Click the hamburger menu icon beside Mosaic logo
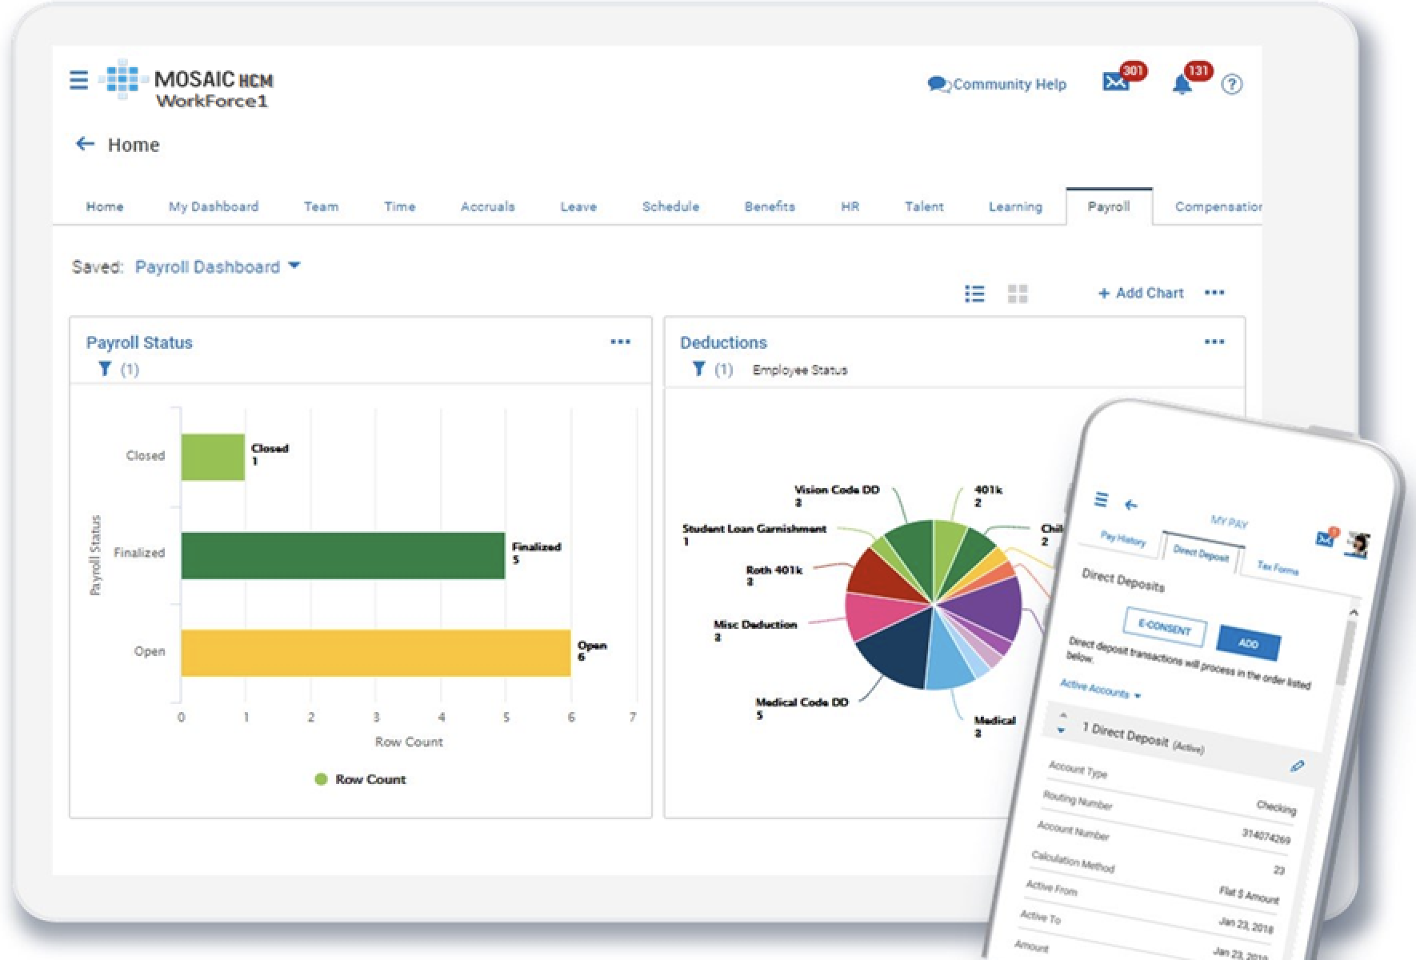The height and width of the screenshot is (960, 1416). click(78, 80)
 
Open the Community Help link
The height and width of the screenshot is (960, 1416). click(998, 84)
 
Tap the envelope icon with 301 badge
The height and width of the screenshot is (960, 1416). click(1115, 82)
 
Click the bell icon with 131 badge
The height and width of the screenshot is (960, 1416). click(1182, 84)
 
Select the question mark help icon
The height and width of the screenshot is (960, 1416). click(1232, 84)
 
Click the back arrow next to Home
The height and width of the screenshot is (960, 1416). click(85, 144)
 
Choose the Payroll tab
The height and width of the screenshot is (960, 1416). click(1109, 206)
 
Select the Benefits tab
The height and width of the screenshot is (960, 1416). click(770, 206)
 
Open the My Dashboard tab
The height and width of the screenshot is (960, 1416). click(214, 206)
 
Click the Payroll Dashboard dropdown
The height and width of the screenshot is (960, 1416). click(217, 266)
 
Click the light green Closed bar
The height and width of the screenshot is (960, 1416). click(213, 457)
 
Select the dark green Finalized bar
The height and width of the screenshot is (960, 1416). click(342, 555)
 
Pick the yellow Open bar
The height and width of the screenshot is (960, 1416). click(375, 653)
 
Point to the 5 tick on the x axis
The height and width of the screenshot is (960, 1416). click(506, 717)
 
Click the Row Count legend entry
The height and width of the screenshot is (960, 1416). click(361, 779)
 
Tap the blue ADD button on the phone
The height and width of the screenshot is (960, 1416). click(1248, 643)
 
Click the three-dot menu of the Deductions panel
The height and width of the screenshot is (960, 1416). click(1214, 342)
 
